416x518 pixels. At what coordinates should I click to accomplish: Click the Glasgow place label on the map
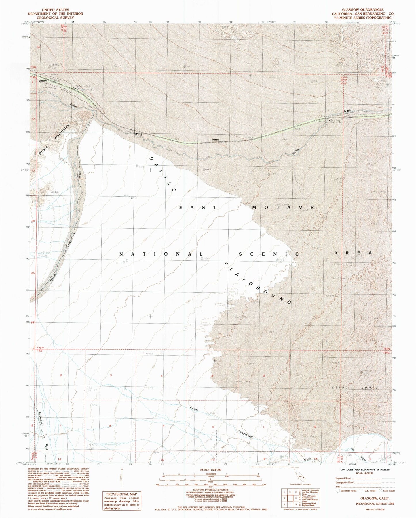click(x=43, y=81)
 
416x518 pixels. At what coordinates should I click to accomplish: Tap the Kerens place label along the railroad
click(x=216, y=140)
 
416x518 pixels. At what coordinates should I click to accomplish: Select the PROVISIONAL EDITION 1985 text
click(x=375, y=504)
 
